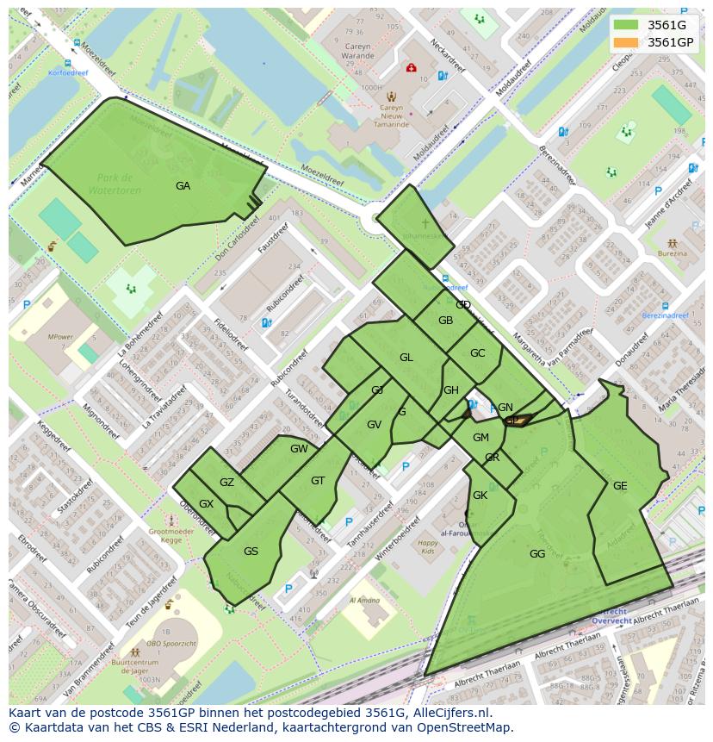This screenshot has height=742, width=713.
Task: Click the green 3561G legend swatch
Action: click(x=626, y=25)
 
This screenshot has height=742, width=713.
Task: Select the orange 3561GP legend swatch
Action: click(x=626, y=42)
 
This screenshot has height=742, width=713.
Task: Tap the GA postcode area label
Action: click(x=183, y=186)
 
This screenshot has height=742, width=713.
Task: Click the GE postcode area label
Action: click(x=620, y=486)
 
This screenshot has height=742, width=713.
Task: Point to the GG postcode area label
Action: click(x=537, y=554)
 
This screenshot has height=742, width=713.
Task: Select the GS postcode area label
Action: click(x=251, y=552)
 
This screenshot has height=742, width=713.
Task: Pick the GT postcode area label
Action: click(x=318, y=481)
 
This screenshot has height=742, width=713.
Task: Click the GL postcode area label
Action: click(x=406, y=358)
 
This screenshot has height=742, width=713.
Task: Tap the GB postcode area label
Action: click(x=445, y=321)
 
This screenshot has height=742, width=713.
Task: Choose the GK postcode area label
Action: click(x=480, y=496)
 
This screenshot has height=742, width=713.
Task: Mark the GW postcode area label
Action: click(x=299, y=449)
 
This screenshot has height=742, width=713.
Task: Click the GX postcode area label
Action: click(x=206, y=504)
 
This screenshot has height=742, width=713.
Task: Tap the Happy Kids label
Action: click(x=428, y=547)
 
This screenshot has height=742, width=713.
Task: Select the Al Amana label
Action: click(x=364, y=601)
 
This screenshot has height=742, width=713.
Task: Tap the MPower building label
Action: click(x=60, y=337)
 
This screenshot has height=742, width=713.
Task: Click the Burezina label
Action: click(x=673, y=254)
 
